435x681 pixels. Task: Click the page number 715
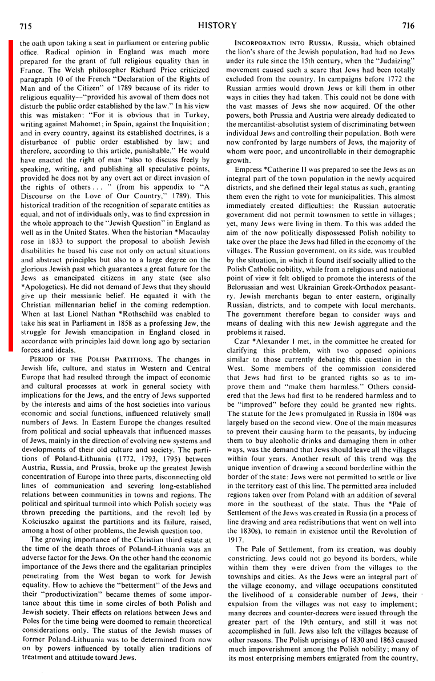25,26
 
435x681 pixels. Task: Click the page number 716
409,26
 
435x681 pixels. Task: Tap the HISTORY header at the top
217,26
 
